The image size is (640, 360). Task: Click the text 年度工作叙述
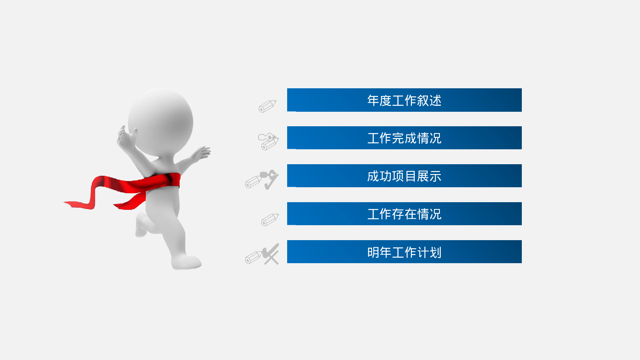404,101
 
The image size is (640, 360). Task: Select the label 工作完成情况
404,138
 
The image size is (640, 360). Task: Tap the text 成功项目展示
404,176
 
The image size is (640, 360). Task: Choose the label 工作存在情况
404,214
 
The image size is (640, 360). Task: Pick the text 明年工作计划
404,252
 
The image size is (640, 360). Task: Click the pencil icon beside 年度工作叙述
268,106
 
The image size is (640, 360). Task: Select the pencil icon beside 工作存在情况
270,219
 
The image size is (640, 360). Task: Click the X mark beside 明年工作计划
271,254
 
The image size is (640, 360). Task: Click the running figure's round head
161,121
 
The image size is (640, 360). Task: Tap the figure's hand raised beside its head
126,138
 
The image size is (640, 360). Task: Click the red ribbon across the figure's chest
162,181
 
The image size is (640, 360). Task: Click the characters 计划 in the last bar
429,252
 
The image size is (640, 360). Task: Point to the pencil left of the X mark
253,257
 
